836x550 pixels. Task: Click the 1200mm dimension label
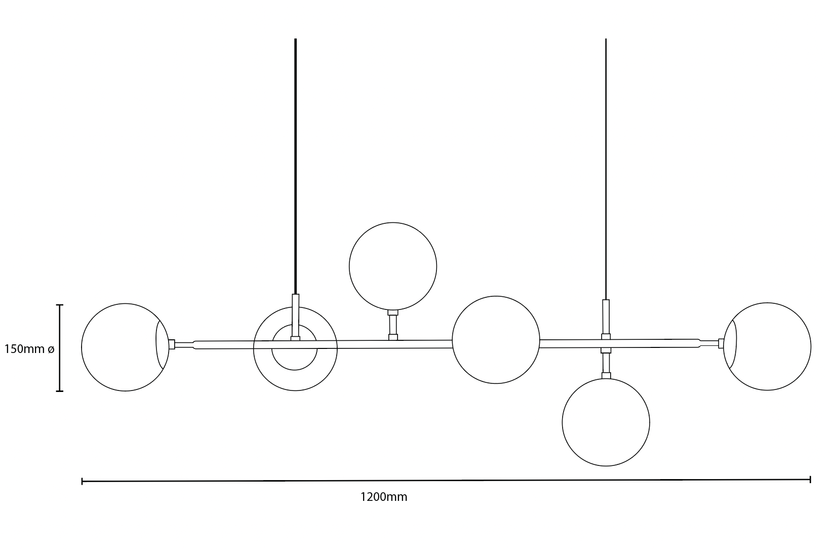pos(383,497)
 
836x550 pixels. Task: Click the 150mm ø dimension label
pos(29,349)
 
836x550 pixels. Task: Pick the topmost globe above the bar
pos(393,266)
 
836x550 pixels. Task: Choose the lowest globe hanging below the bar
pos(606,422)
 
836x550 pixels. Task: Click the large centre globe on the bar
pos(496,340)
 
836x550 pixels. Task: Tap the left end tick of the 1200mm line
pos(82,481)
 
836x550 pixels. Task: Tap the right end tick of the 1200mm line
pos(810,479)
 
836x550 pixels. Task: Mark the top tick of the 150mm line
pos(59,305)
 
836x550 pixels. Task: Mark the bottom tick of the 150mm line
pos(59,391)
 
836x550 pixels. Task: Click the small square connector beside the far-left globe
pos(172,344)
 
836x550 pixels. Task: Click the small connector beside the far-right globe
pos(721,343)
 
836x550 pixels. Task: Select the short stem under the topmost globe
pos(393,325)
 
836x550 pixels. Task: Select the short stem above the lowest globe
pos(606,363)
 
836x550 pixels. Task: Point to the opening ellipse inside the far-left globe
pos(162,344)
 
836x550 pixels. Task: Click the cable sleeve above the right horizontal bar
pos(606,317)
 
